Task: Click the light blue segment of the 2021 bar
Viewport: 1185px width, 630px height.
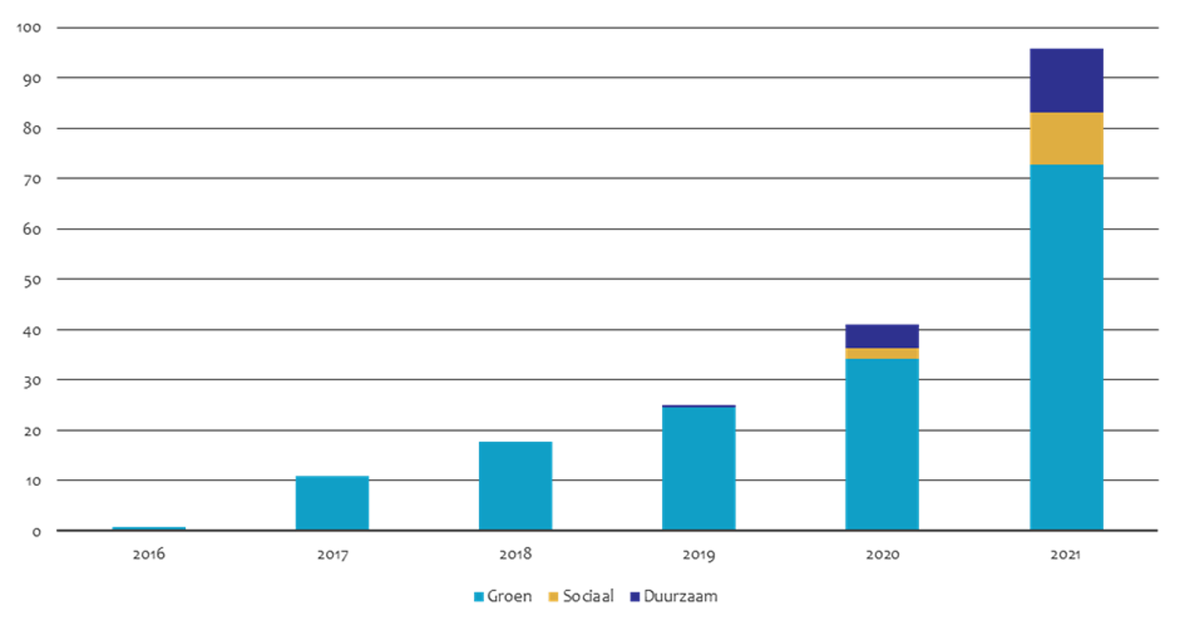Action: tap(1066, 347)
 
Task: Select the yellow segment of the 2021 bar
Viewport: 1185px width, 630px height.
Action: tap(1066, 138)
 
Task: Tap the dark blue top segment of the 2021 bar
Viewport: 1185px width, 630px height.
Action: tap(1066, 79)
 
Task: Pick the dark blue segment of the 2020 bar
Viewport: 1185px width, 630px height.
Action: tap(882, 334)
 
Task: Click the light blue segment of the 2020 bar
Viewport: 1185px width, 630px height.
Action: tap(882, 444)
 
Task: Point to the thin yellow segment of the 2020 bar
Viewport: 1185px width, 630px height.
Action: tap(882, 353)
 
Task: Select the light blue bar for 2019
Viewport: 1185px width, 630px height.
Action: tap(698, 468)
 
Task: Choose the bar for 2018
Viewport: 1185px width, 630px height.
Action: tap(515, 485)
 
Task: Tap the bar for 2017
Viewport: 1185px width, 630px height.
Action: tap(332, 501)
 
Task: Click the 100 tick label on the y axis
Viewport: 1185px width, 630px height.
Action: tap(29, 28)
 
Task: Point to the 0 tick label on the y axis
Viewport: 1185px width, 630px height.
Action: tap(36, 532)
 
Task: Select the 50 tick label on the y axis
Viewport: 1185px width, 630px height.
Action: tap(32, 279)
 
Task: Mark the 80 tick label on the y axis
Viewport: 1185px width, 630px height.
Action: tap(32, 129)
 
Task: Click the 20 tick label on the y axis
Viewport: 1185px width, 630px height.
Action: tap(32, 431)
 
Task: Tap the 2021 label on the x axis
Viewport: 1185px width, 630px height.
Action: tap(1066, 555)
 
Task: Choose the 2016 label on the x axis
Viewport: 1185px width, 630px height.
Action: tap(149, 555)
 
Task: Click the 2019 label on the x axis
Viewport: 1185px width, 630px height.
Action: tap(698, 555)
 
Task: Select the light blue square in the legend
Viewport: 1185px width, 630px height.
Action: tap(479, 597)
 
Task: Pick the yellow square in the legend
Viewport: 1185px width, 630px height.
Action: tap(554, 597)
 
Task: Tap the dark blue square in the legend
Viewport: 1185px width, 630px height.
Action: tap(635, 597)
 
